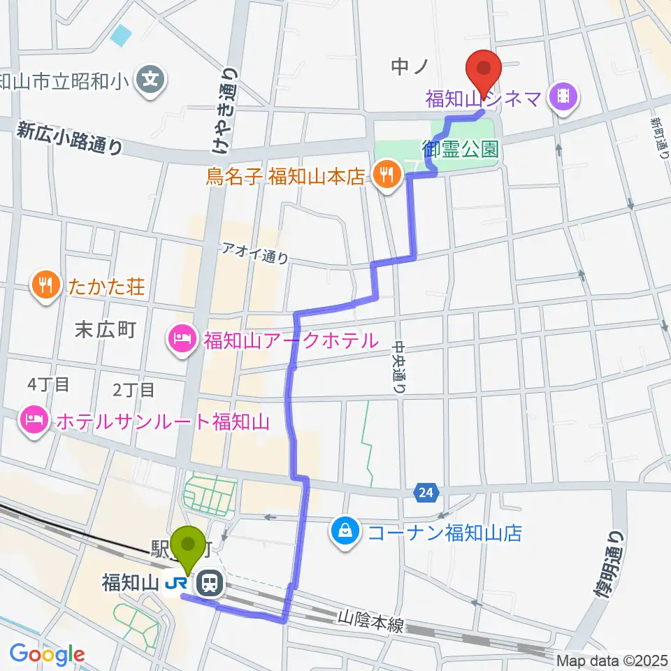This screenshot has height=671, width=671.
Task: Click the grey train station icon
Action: click(x=209, y=582)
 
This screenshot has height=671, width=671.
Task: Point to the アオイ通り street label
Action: click(x=255, y=252)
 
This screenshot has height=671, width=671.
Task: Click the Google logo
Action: click(x=47, y=654)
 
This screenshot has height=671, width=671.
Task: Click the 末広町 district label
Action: click(x=105, y=331)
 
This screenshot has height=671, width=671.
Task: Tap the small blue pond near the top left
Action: click(x=121, y=34)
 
